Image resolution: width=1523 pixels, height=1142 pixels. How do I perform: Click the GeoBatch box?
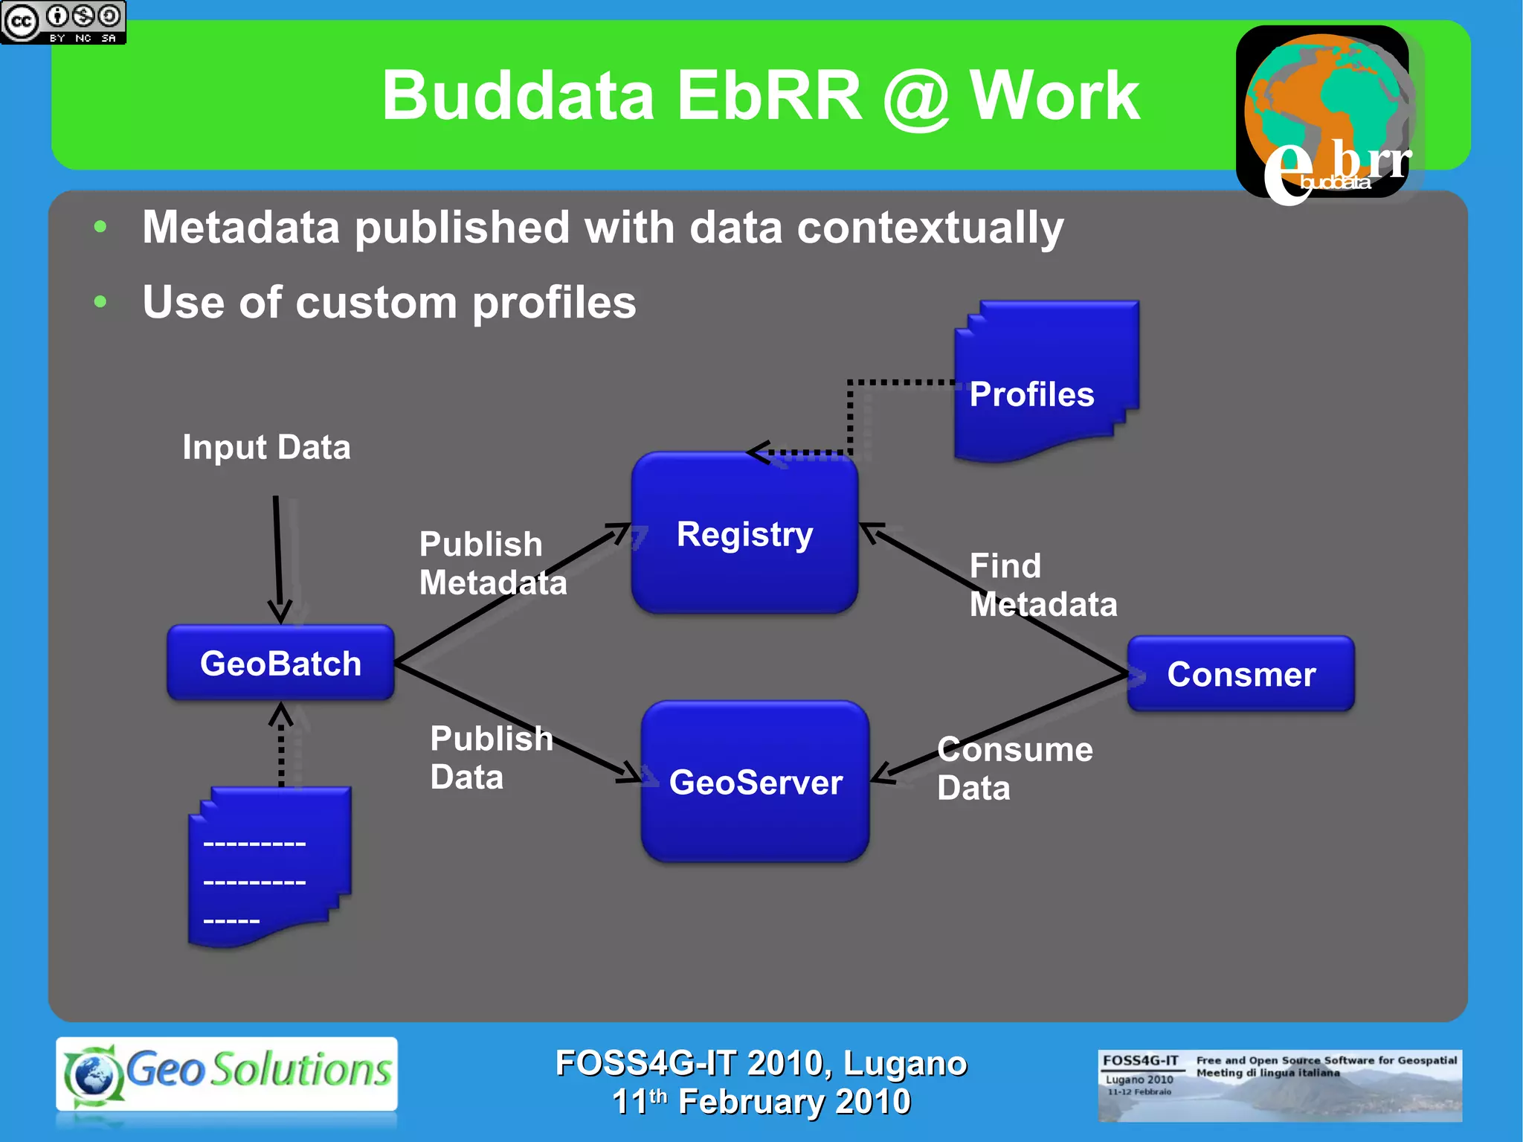(x=280, y=663)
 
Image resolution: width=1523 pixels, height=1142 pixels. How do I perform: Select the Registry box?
(x=744, y=533)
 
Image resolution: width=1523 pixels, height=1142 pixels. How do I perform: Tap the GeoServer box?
(x=755, y=782)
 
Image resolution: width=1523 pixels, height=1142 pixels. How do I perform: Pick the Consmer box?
(x=1240, y=674)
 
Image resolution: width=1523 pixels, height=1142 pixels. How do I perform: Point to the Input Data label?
(x=266, y=447)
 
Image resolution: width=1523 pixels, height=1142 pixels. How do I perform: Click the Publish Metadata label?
(x=492, y=563)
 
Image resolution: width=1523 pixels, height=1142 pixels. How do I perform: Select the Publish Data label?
(x=491, y=757)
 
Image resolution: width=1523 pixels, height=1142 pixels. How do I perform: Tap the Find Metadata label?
(x=1043, y=585)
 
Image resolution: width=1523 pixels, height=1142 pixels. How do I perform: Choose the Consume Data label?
(x=1014, y=769)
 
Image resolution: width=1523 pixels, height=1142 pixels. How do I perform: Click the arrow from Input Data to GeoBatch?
(x=278, y=558)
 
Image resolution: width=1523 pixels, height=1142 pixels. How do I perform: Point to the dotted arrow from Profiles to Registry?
(x=851, y=417)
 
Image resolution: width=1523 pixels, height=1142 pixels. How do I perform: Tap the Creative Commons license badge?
(x=63, y=22)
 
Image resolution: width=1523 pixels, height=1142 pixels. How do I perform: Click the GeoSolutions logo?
(x=227, y=1074)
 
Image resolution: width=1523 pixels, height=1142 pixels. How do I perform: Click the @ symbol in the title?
(x=916, y=97)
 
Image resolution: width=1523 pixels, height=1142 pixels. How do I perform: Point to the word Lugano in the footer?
(x=905, y=1063)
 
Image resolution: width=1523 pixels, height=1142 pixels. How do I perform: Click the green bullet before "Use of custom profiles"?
(x=100, y=302)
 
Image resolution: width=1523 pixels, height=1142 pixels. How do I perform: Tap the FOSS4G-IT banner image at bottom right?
(x=1279, y=1085)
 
